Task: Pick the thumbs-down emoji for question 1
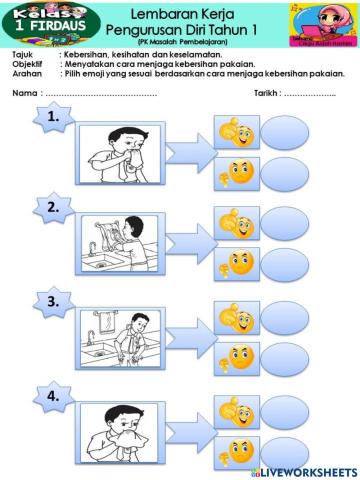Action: point(238,171)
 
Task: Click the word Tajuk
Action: point(23,53)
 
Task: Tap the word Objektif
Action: point(27,63)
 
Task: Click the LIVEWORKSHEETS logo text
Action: point(310,471)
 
